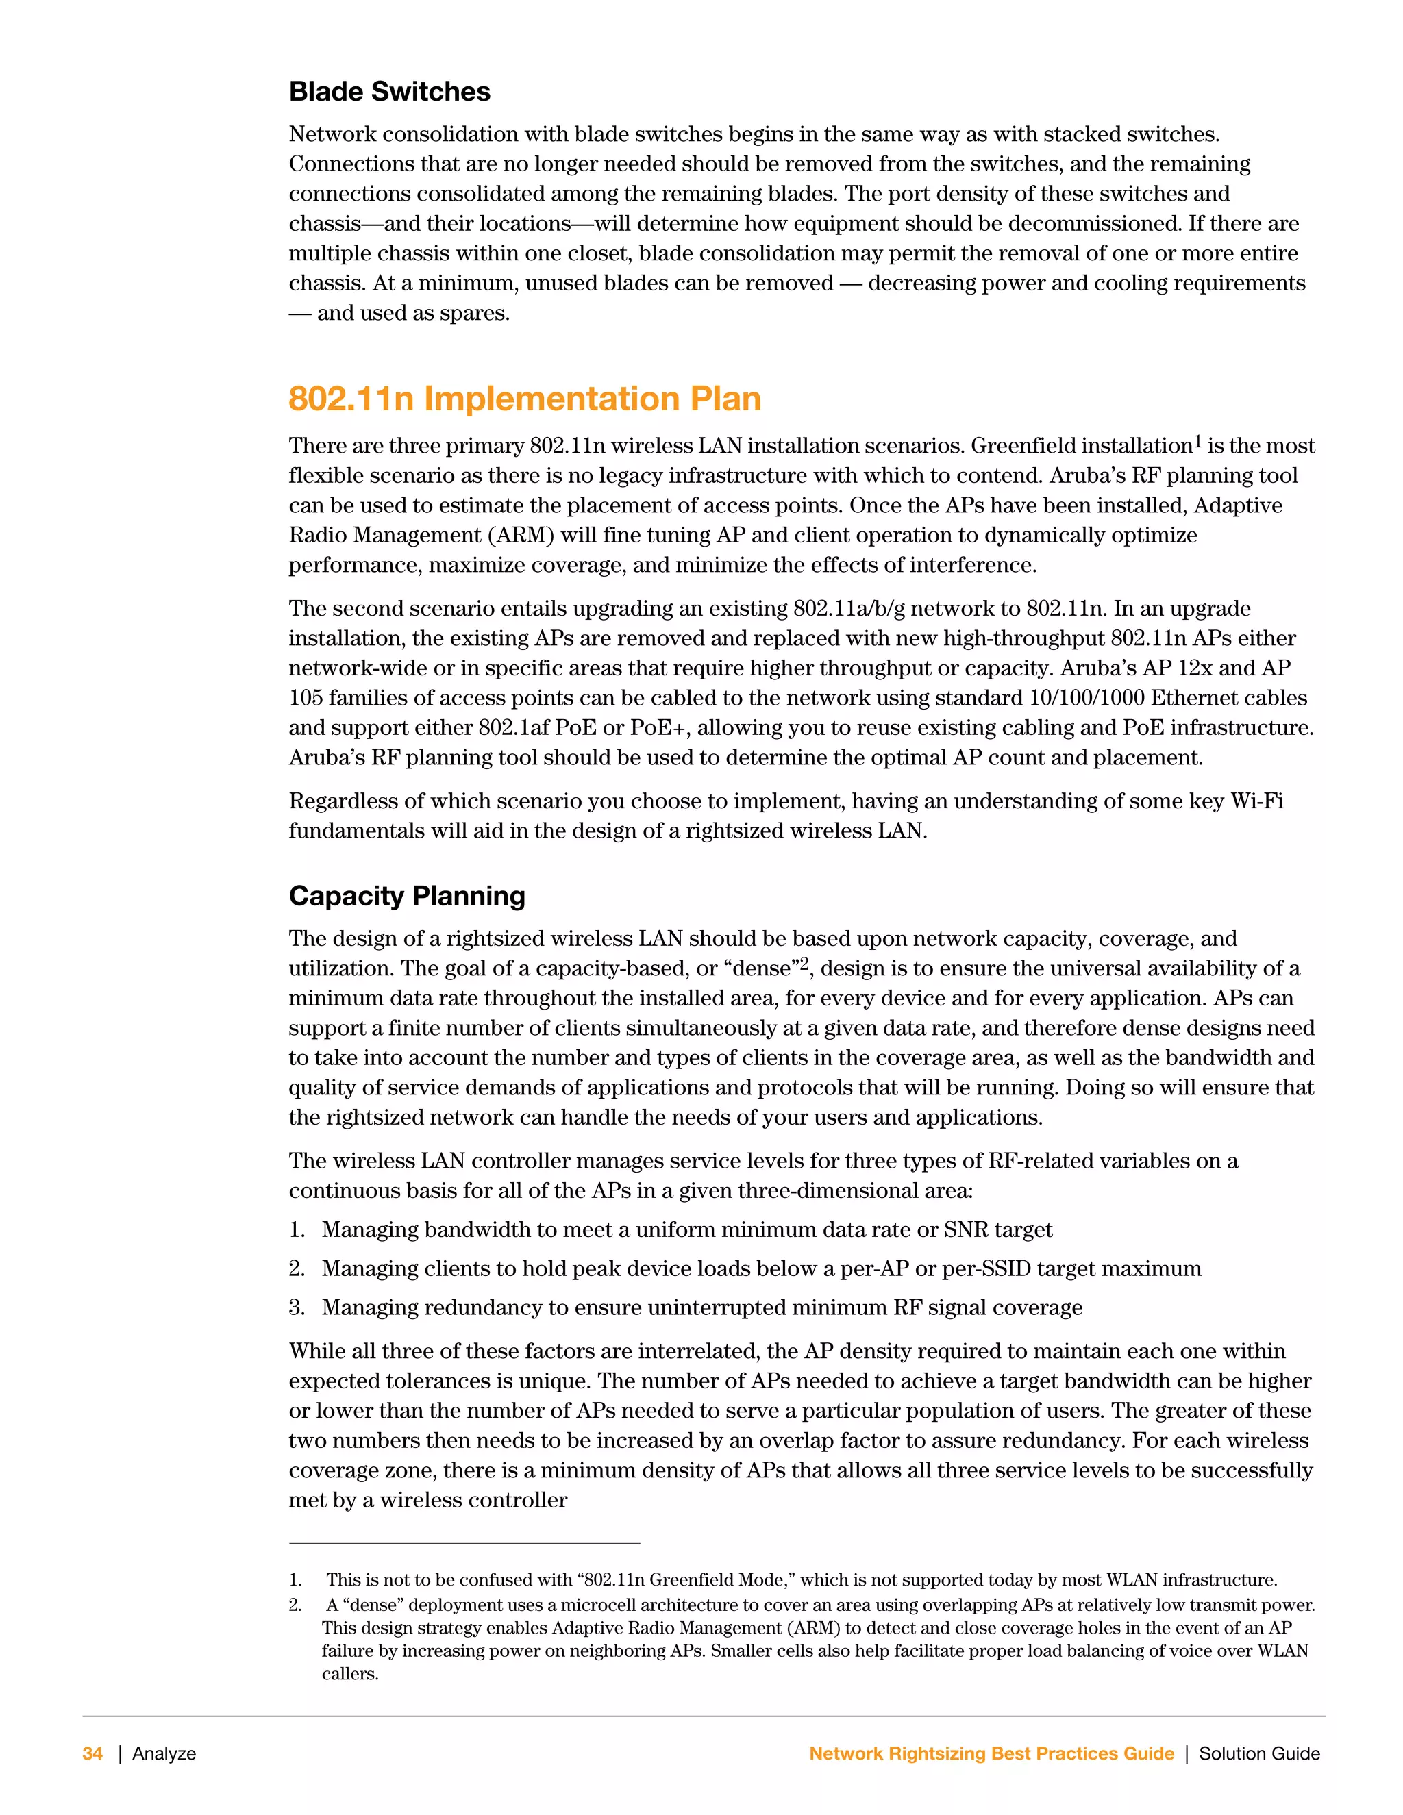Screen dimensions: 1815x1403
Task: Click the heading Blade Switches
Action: (x=389, y=91)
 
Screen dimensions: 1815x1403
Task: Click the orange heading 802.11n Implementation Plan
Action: (x=525, y=399)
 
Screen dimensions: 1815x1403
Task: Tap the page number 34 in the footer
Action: (x=92, y=1753)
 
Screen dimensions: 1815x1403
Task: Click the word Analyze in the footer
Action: (x=164, y=1753)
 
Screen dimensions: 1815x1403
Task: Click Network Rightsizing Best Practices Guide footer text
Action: (x=991, y=1753)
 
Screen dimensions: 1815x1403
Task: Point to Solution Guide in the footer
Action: (x=1258, y=1753)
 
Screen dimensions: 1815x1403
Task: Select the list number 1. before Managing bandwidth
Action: (x=297, y=1230)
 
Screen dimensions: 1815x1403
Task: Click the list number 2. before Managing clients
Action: (x=297, y=1269)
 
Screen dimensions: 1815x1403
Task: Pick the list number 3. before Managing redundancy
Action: (x=297, y=1308)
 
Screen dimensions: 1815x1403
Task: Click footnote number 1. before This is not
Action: (x=295, y=1580)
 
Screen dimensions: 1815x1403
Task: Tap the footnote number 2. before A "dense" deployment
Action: (x=295, y=1605)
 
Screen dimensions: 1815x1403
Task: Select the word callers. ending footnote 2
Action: (x=350, y=1674)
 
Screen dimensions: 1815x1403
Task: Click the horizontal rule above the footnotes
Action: (x=464, y=1544)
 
